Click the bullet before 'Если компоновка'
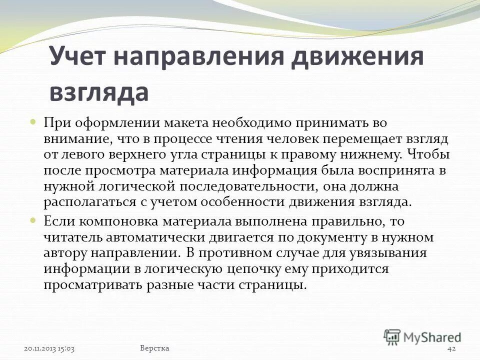(33, 219)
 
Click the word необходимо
(248, 123)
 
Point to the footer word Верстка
(154, 348)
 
